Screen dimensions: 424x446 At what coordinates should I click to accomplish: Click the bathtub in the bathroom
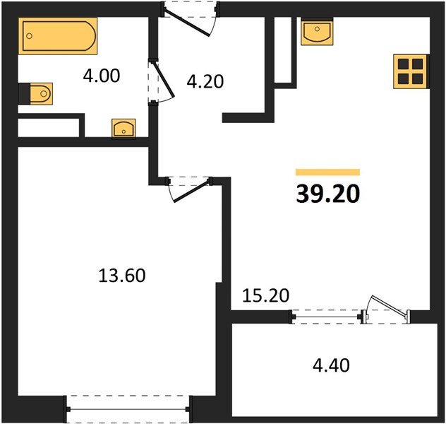(x=59, y=37)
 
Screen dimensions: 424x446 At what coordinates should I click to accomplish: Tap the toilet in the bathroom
(x=37, y=92)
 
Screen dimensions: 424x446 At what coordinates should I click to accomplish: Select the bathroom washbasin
(x=124, y=129)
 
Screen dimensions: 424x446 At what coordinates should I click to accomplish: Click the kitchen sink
(x=317, y=33)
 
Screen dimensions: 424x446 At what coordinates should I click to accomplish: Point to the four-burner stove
(x=410, y=71)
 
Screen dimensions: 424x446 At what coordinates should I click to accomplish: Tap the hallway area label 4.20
(x=205, y=81)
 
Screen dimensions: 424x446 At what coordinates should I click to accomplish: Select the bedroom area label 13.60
(x=121, y=275)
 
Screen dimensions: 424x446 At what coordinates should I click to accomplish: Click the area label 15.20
(x=267, y=295)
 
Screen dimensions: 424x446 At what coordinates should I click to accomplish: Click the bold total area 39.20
(x=327, y=194)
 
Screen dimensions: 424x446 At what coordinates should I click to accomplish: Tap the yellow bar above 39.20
(x=327, y=172)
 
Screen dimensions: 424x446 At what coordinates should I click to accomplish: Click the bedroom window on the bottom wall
(x=128, y=408)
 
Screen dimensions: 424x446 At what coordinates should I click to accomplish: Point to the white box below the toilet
(x=47, y=128)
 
